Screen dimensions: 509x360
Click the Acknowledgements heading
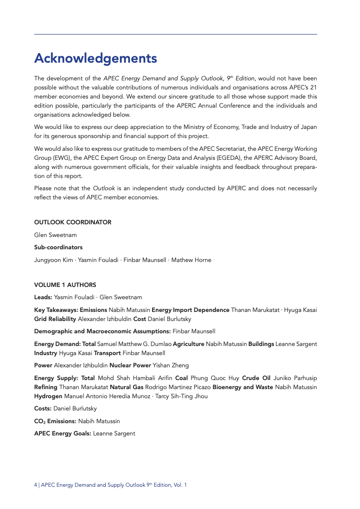click(x=95, y=59)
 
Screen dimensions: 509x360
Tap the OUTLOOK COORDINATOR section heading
click(x=73, y=222)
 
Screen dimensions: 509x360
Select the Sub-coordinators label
click(x=58, y=247)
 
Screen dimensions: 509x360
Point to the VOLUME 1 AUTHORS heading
click(x=65, y=285)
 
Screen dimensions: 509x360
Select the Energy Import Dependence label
click(x=190, y=310)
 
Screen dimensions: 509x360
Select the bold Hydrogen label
click(x=47, y=395)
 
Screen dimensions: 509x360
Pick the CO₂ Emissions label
click(x=55, y=421)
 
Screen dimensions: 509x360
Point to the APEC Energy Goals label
click(x=63, y=434)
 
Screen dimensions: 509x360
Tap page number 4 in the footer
click(x=35, y=485)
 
